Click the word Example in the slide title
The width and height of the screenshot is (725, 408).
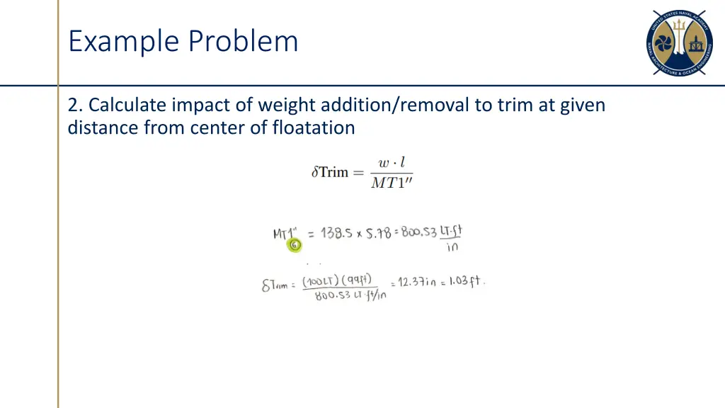(x=122, y=41)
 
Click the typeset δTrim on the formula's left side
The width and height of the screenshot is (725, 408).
(x=330, y=172)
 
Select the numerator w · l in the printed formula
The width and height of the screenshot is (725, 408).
(x=392, y=163)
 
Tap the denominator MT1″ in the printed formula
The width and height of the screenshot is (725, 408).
(x=392, y=183)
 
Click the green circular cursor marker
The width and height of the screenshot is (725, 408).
(x=294, y=245)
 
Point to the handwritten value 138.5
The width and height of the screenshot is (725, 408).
(x=337, y=233)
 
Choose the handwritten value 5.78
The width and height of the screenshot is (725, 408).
(x=379, y=232)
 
